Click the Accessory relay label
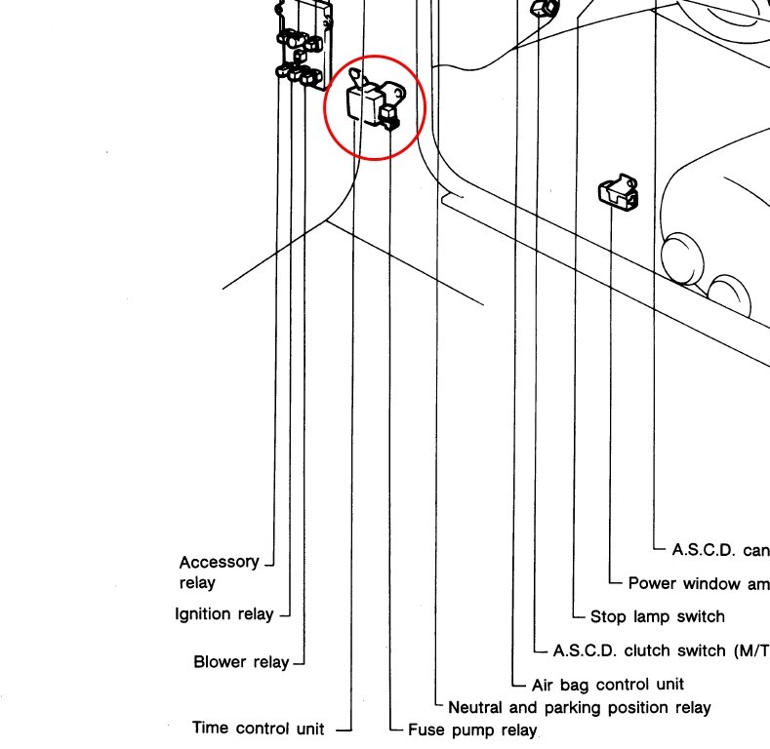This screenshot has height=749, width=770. point(219,572)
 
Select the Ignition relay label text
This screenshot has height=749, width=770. point(223,614)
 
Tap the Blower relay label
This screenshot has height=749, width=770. point(241,662)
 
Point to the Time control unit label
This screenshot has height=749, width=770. point(258,728)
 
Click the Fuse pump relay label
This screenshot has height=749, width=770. point(472,729)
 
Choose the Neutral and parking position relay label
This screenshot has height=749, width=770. point(579,707)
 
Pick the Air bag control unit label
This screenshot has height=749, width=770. point(608,685)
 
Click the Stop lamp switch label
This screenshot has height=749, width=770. point(658,616)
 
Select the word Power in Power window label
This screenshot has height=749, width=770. point(652,583)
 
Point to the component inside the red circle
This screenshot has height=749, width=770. point(372,105)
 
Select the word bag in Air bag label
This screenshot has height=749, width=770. point(577,685)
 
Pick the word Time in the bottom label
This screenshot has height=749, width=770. point(210,728)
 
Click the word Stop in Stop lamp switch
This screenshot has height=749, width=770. point(609,616)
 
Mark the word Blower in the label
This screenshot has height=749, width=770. point(217,662)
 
